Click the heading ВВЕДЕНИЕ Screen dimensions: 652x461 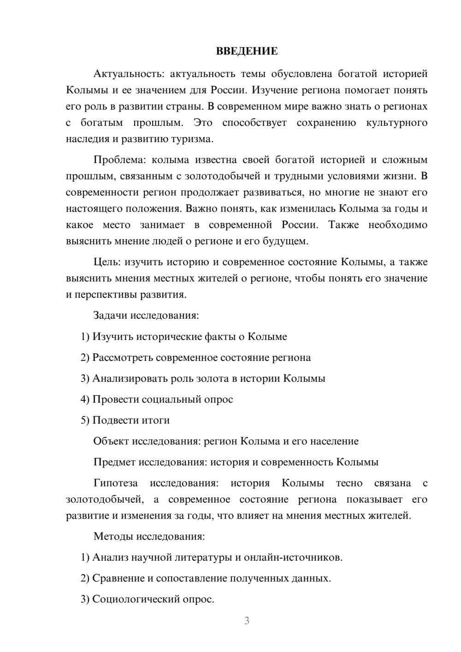[247, 51]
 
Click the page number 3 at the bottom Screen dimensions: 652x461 [247, 621]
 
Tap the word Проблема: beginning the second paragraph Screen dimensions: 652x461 [119, 160]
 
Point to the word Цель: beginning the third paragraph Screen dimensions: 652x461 [107, 262]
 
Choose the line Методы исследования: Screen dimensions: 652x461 [149, 536]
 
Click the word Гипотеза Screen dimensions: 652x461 [115, 483]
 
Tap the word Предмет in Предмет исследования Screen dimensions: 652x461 [114, 462]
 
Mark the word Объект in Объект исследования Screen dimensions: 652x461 [111, 441]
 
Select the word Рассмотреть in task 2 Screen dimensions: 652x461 [123, 358]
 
